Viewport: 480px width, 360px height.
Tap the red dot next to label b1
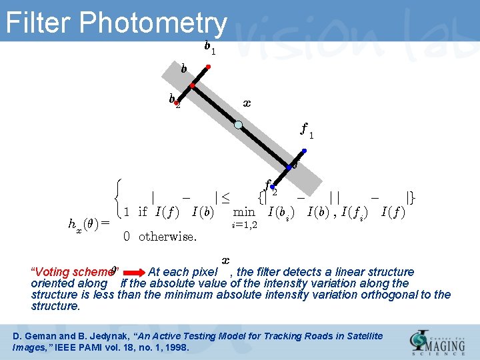click(209, 67)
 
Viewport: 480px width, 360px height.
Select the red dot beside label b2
click(177, 103)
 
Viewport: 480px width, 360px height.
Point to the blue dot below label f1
click(304, 151)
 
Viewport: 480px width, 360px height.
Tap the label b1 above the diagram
click(209, 47)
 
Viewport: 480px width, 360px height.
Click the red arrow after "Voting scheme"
click(132, 272)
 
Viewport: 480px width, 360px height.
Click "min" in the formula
click(244, 212)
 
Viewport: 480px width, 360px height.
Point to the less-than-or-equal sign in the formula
click(225, 197)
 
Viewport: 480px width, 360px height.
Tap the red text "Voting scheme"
click(72, 272)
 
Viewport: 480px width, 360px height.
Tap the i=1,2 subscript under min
click(244, 225)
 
